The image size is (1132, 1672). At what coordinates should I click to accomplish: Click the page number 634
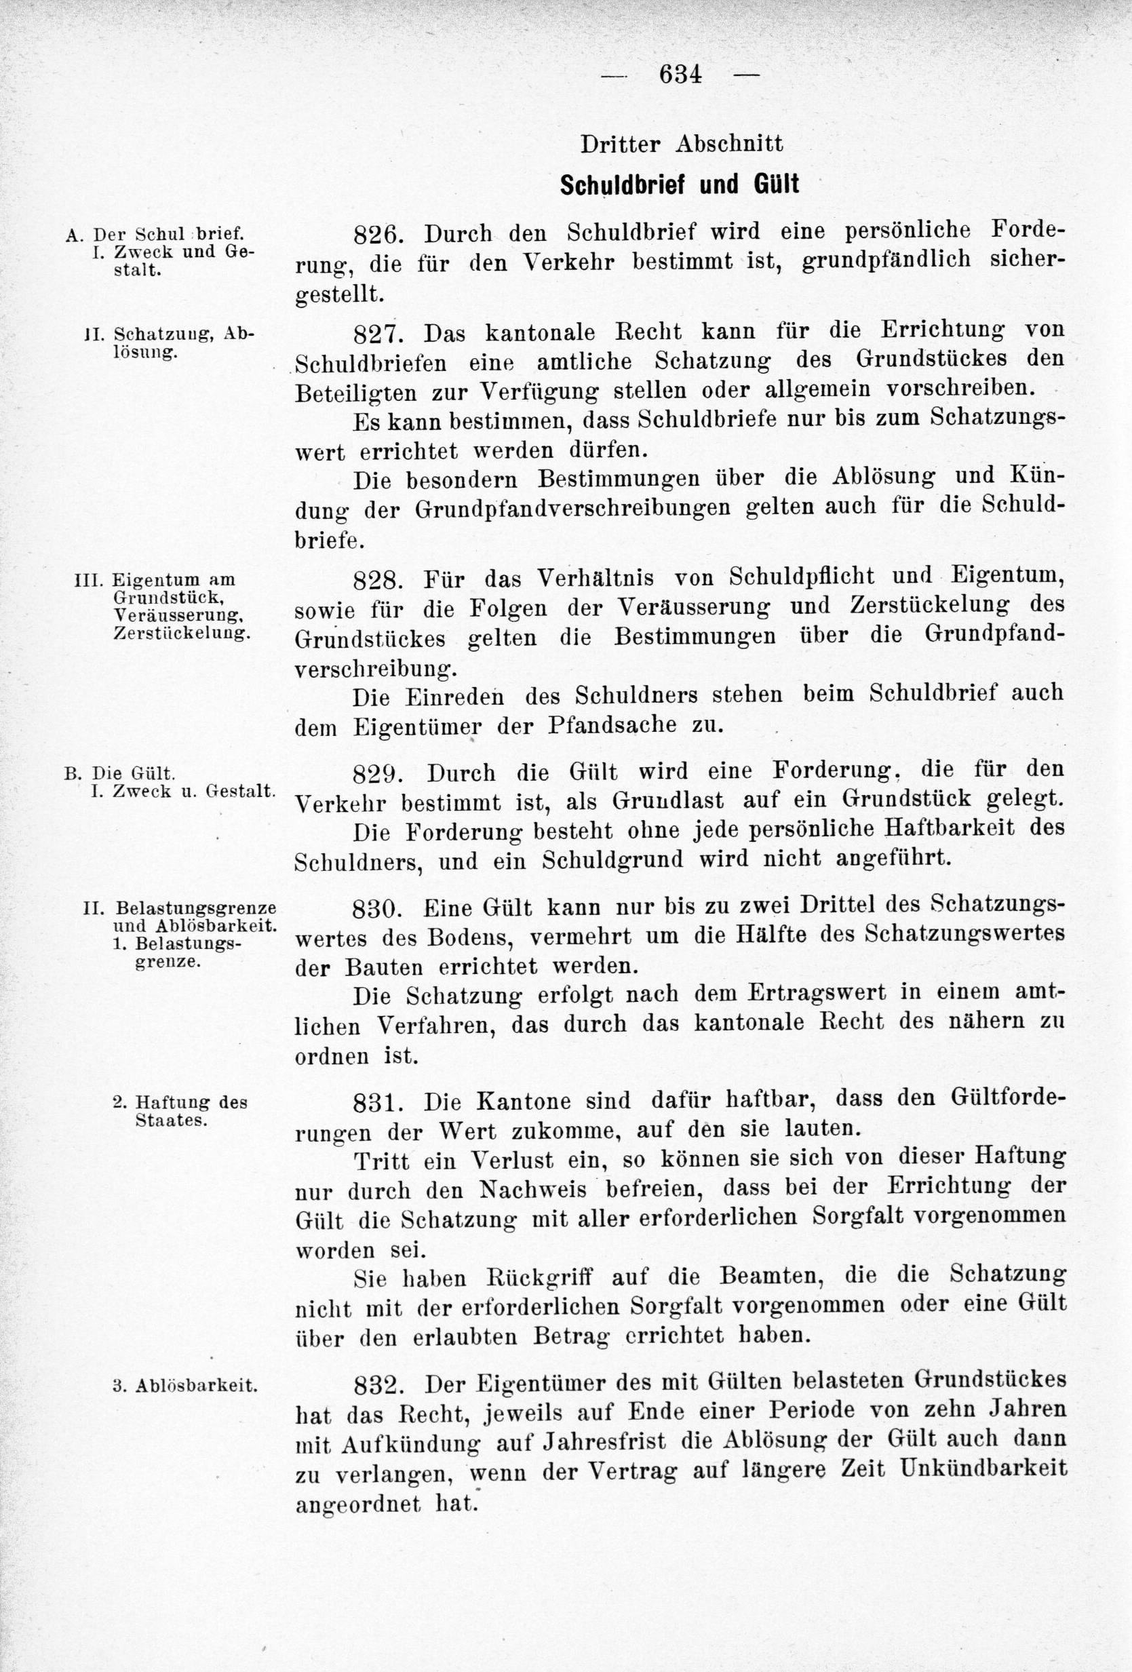680,75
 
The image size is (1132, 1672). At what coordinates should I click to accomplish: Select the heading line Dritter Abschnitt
681,144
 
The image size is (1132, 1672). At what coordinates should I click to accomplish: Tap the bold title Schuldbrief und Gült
679,186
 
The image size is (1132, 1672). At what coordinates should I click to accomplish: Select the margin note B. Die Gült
119,774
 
